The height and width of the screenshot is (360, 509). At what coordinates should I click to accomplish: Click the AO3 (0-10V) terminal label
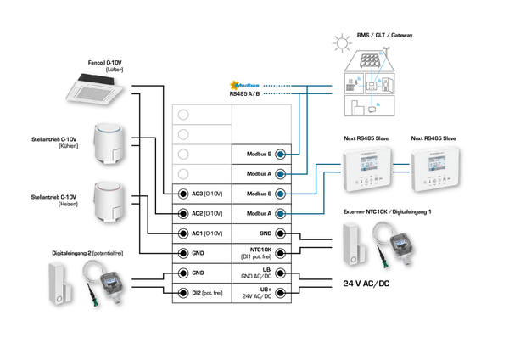[206, 193]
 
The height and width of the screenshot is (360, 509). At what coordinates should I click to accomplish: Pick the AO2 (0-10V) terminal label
[206, 213]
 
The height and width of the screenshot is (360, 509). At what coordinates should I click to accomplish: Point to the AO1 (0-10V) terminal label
[206, 233]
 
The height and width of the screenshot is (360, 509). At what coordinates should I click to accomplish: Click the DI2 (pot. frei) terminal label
[206, 293]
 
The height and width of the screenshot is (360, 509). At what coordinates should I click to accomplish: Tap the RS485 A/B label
[246, 95]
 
